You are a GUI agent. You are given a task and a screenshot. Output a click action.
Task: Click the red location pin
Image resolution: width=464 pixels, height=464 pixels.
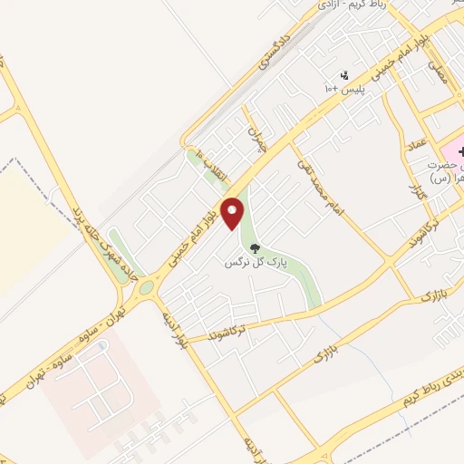pos(234,212)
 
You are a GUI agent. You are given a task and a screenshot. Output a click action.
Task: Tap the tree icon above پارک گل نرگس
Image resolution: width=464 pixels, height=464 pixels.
pos(255,247)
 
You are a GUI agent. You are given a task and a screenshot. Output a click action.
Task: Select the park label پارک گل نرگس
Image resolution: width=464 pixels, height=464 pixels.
pos(256,263)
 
